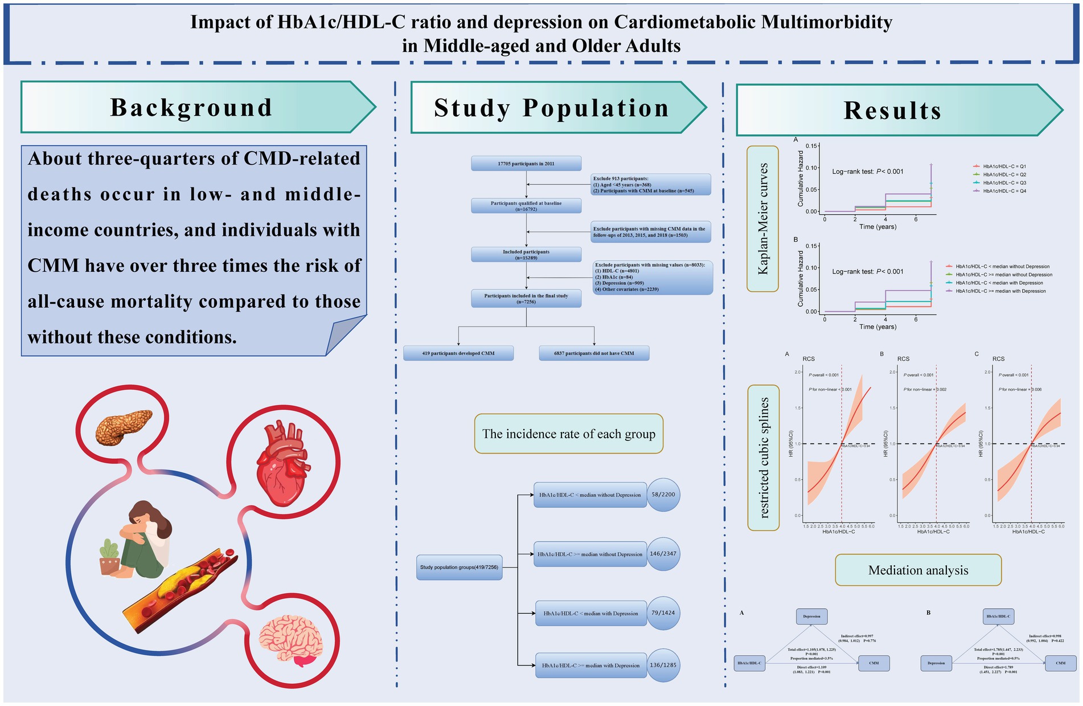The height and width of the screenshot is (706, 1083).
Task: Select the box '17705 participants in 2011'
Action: (526, 164)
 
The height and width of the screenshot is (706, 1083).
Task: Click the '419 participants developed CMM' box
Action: (458, 353)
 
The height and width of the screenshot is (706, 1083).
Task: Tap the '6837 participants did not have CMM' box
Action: (594, 353)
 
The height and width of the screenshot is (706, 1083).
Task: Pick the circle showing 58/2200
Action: (663, 495)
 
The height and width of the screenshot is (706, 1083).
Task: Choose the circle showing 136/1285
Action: (663, 665)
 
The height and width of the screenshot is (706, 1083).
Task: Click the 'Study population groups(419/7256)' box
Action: (459, 568)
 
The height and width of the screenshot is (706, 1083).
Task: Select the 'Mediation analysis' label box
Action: (918, 570)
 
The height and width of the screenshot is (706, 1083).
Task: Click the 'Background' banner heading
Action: (191, 107)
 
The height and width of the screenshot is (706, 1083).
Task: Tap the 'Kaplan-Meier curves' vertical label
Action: (762, 219)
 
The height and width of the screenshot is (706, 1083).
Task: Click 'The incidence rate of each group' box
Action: (568, 434)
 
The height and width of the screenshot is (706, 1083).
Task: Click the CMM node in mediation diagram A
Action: (873, 663)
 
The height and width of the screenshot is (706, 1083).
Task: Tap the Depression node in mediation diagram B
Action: (936, 663)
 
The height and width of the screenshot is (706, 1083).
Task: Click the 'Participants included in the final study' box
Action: (526, 299)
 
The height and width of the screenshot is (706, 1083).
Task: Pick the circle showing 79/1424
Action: (663, 613)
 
